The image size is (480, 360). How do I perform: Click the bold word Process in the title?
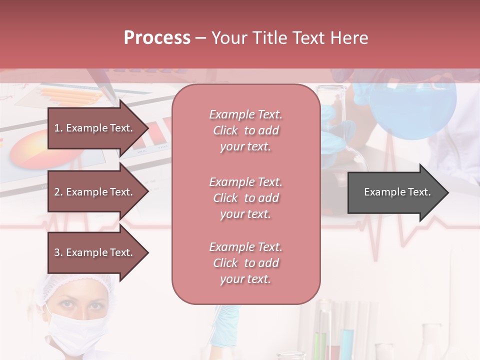tap(157, 37)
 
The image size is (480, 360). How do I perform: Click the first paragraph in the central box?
tap(245, 130)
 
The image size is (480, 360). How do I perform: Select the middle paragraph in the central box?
tap(245, 198)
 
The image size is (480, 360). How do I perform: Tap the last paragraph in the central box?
tap(245, 263)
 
